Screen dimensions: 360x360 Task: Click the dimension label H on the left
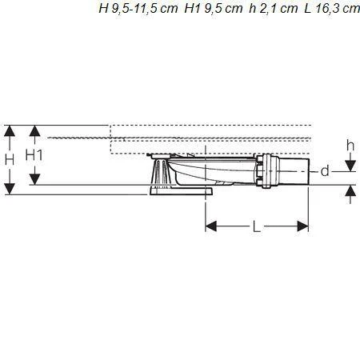point(10,160)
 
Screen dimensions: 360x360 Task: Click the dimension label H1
point(34,155)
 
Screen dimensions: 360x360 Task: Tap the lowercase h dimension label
point(350,146)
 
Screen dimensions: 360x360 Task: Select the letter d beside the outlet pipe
point(325,171)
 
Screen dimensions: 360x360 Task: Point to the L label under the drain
point(257,227)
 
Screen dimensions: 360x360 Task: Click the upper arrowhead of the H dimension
point(10,130)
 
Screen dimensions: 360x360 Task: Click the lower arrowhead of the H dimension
point(10,189)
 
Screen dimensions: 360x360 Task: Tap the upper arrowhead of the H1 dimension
point(34,130)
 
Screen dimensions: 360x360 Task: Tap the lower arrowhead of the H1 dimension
point(34,179)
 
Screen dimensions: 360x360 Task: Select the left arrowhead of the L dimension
point(211,226)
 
